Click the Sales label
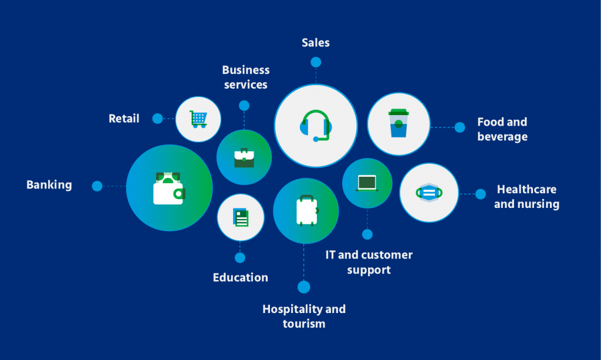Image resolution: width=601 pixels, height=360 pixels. coord(316,43)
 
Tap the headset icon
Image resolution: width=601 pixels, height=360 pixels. coord(316,126)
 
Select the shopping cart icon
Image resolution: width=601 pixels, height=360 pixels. coord(198,119)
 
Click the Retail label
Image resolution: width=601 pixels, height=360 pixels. coord(124,119)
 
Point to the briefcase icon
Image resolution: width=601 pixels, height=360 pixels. coord(244,157)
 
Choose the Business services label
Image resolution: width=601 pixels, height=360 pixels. coord(245,77)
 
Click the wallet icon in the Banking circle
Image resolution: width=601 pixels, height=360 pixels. coord(168,188)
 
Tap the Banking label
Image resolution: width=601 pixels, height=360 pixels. coord(49,185)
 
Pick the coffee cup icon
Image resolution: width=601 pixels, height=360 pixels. coord(399,123)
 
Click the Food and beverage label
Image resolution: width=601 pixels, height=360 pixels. coord(502,129)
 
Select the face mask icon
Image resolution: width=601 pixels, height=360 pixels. coord(429,193)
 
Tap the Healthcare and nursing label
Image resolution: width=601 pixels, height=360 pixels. coord(526,197)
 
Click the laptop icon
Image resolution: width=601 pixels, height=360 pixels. coord(367,183)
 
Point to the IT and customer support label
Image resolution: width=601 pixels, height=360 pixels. coord(369,263)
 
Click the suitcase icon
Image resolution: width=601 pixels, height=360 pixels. coord(306,211)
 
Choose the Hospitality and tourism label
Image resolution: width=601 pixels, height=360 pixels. coord(303,316)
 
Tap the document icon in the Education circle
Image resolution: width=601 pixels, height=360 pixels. coord(241,217)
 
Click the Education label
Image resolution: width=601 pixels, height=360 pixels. coord(240,278)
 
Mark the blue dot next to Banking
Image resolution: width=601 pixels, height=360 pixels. coord(97,186)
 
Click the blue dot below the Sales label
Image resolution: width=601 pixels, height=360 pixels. coord(316,62)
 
